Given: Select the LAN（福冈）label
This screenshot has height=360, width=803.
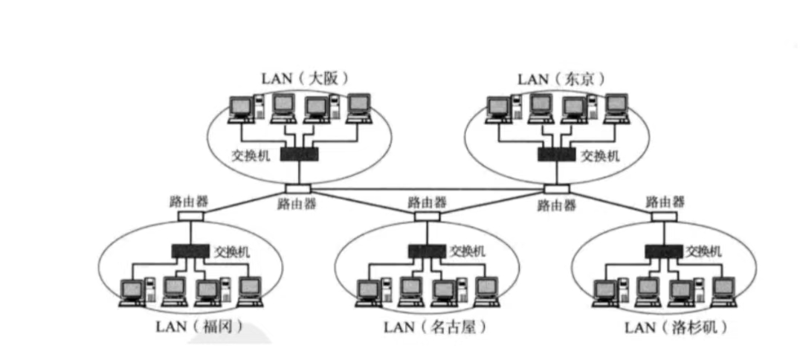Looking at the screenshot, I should [199, 326].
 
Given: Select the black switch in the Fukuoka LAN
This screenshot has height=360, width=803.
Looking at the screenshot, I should [190, 251].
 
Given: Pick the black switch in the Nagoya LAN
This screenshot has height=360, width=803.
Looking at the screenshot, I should [427, 251].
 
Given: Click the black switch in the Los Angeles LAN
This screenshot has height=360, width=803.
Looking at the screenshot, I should [663, 251].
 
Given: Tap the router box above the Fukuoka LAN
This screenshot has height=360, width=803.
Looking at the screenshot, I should [190, 216].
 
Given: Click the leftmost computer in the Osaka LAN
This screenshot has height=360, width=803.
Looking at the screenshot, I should [242, 109].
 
